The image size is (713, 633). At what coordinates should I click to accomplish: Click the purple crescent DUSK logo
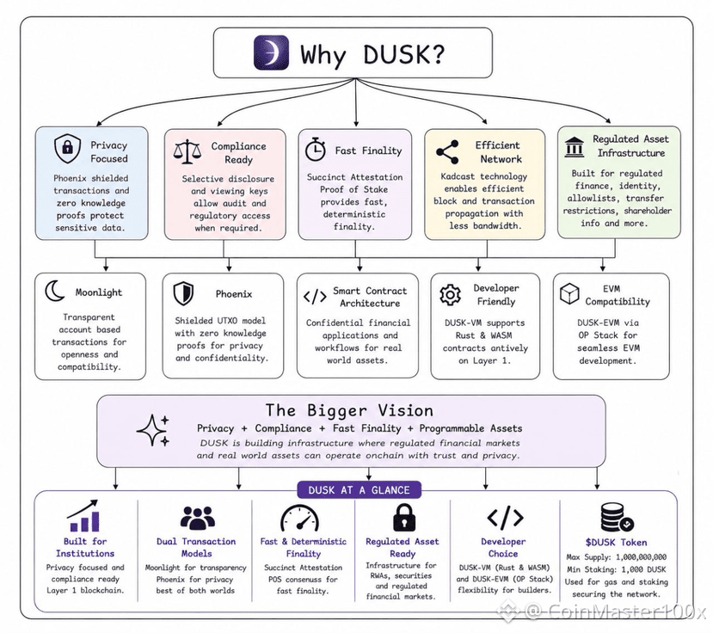(271, 52)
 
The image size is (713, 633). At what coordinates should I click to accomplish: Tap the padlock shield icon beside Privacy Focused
(67, 148)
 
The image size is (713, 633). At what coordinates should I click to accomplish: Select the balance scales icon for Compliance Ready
(187, 152)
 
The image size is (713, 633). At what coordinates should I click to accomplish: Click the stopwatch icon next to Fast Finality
(315, 149)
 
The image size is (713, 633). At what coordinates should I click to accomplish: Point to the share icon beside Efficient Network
(447, 152)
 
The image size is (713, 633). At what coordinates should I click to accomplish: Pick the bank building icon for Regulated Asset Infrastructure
(575, 147)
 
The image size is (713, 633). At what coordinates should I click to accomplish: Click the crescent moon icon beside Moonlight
(55, 291)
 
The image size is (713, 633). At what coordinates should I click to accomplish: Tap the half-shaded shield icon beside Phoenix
(184, 293)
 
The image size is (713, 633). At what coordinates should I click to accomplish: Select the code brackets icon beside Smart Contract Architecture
(315, 297)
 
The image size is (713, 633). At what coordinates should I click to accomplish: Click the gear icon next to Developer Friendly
(450, 295)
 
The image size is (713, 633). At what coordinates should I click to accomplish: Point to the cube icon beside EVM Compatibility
(569, 294)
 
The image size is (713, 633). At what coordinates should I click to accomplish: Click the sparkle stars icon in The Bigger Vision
(153, 430)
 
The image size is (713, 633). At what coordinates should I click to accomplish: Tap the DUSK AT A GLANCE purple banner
(360, 489)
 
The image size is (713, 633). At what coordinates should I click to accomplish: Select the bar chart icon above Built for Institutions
(83, 516)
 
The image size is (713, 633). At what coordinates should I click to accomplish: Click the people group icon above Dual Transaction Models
(198, 518)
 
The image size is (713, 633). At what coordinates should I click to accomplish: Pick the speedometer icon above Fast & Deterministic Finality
(299, 518)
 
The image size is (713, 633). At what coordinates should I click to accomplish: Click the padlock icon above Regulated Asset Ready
(403, 518)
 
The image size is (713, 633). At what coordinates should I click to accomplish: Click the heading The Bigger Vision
(349, 410)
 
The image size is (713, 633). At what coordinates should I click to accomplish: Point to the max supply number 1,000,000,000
(641, 557)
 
